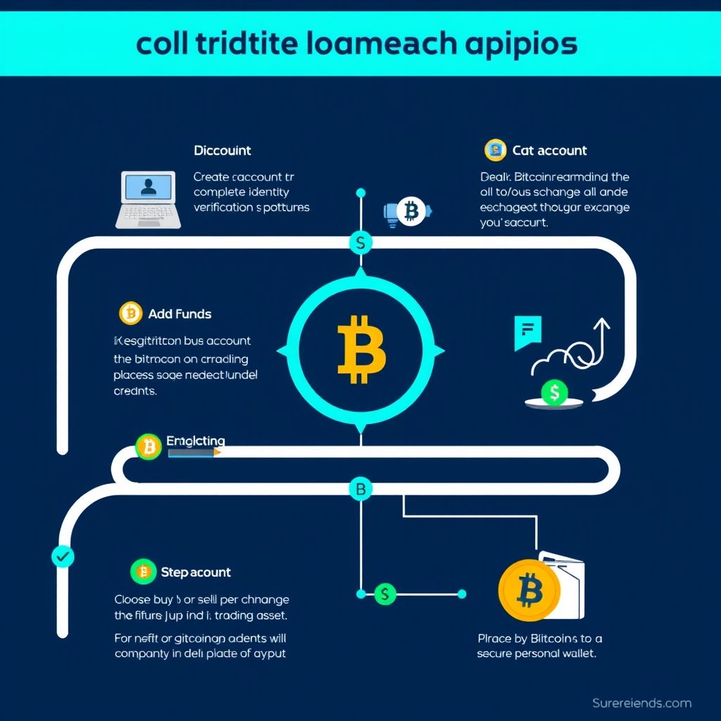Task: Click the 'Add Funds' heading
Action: (180, 314)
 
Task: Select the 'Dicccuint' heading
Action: (222, 151)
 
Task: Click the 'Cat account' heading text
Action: (549, 151)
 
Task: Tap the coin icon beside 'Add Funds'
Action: (131, 313)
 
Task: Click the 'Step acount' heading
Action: (196, 572)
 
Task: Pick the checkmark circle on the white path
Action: (63, 556)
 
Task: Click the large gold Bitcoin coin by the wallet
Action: (529, 590)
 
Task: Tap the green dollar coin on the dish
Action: (554, 393)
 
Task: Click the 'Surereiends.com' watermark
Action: (641, 703)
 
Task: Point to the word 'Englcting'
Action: (196, 441)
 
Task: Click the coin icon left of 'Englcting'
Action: (148, 446)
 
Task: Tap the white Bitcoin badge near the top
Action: (410, 211)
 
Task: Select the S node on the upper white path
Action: (360, 244)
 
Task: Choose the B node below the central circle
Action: (360, 489)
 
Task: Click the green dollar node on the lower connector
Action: (384, 594)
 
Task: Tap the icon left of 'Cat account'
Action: (496, 150)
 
